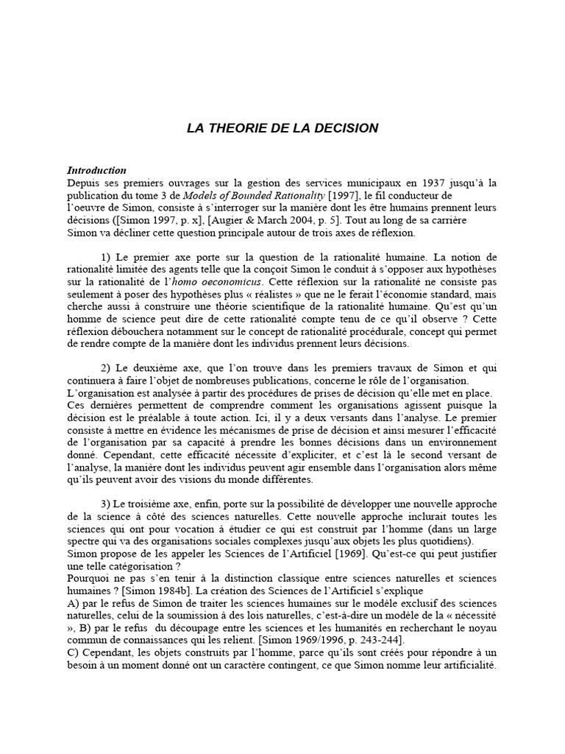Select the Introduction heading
(x=96, y=170)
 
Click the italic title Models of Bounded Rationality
(x=242, y=195)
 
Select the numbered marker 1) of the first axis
(x=106, y=257)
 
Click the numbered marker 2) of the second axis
(x=106, y=368)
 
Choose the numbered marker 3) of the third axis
(x=106, y=504)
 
